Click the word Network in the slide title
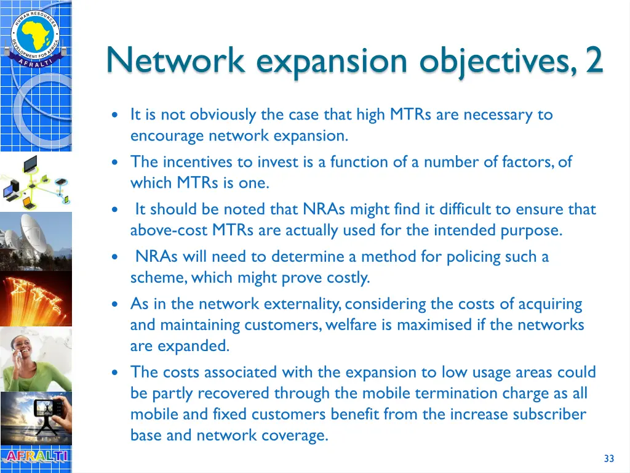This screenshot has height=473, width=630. [x=175, y=61]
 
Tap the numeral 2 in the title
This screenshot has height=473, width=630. [x=594, y=61]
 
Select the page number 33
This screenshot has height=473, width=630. [x=609, y=458]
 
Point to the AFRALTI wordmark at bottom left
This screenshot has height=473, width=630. [x=36, y=457]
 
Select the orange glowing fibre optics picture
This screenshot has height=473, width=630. [x=36, y=299]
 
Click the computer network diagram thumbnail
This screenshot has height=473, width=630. [x=36, y=181]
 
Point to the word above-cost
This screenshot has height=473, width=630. [x=169, y=231]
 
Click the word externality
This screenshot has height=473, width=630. [x=303, y=304]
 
